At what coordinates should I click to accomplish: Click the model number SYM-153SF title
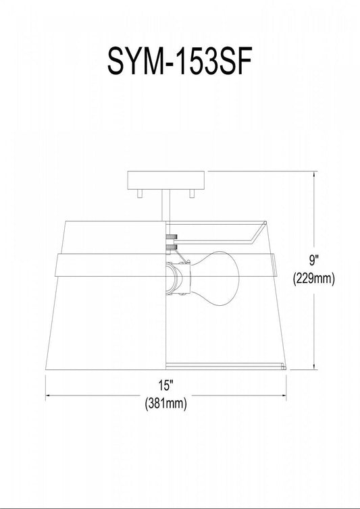pos(180,61)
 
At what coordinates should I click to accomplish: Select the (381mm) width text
pos(166,404)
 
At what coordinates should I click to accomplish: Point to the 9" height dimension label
pos(314,261)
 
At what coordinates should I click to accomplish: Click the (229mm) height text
pos(314,279)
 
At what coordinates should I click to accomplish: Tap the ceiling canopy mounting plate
pos(166,180)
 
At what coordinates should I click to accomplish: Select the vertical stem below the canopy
pos(166,205)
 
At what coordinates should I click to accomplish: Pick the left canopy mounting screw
pos(140,194)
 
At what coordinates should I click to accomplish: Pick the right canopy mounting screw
pos(192,194)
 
